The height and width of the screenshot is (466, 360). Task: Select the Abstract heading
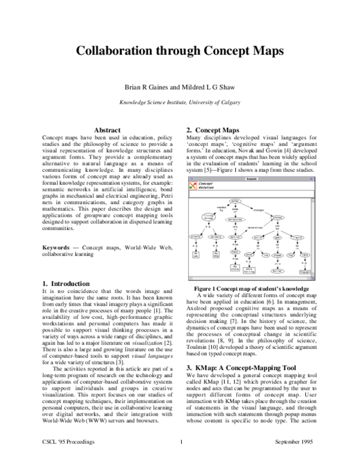pos(107,130)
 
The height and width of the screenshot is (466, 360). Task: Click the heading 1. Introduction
pos(66,283)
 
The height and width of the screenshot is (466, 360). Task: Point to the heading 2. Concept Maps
pos(212,130)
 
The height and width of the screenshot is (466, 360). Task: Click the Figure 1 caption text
pos(249,288)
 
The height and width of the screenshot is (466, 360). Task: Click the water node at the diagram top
pos(235,201)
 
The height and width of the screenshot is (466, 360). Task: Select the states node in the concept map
pos(277,217)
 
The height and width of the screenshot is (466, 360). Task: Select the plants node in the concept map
pos(196,237)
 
